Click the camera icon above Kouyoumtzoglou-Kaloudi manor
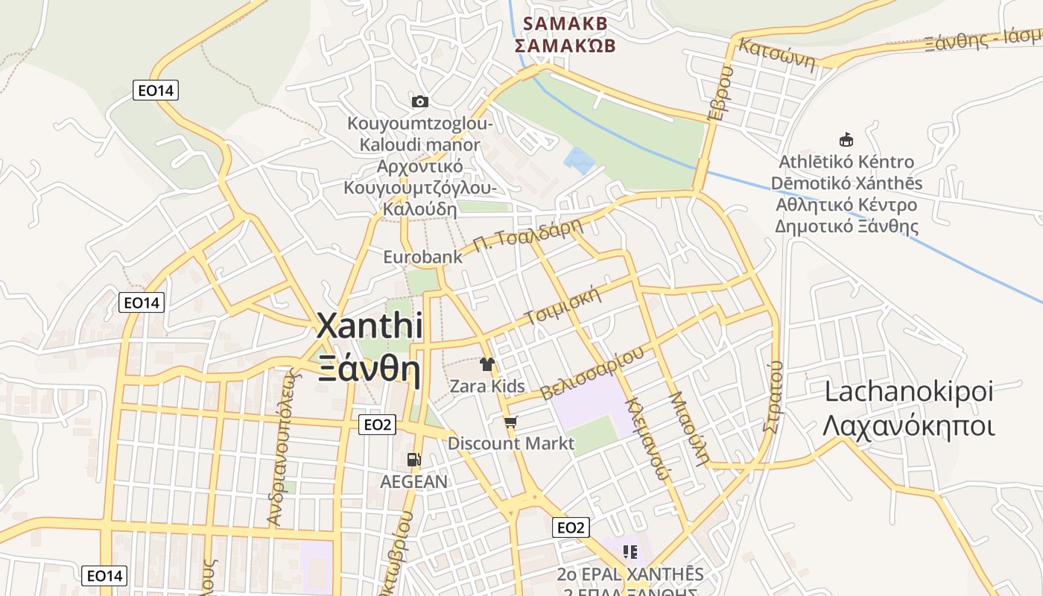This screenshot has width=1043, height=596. pos(420,101)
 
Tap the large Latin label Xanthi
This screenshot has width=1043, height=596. pos(370,326)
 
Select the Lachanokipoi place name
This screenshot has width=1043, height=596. pos(909,391)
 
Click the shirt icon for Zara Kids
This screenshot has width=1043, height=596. pos(487,364)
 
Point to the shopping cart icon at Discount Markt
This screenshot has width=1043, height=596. pos(510,422)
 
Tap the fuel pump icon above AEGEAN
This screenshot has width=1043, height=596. pos(414,460)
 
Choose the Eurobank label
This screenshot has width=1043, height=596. pos(422,257)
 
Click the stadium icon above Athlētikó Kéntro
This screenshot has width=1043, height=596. pos(846,139)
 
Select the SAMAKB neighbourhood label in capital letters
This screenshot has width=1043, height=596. pos(565,24)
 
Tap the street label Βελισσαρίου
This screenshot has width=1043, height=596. pos(592,373)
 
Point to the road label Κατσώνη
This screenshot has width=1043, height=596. pos(776,53)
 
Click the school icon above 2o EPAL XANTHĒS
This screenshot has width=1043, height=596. pos(630,552)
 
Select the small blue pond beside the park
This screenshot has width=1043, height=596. pos(580,160)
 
